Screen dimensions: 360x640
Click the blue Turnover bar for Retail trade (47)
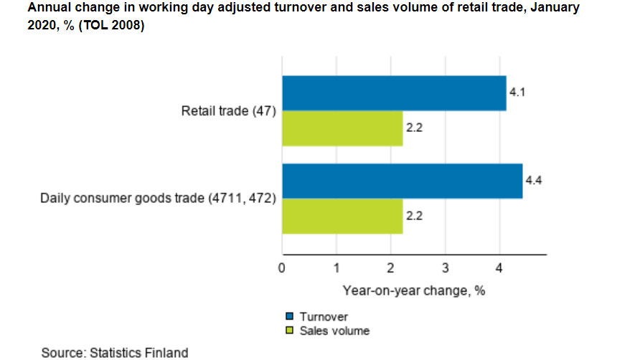click(394, 93)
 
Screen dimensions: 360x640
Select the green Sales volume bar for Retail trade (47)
click(342, 128)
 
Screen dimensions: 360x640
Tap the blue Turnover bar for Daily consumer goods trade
click(402, 181)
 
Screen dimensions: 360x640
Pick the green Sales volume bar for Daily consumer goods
click(342, 216)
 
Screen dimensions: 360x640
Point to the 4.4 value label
click(533, 181)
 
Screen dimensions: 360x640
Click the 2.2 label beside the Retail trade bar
click(414, 128)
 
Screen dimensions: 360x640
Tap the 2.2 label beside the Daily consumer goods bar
click(414, 216)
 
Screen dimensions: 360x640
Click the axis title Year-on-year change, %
click(414, 290)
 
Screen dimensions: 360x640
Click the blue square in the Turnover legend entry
click(290, 316)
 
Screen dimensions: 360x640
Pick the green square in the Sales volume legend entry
click(290, 331)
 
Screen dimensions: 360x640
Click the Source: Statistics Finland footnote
click(115, 352)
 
